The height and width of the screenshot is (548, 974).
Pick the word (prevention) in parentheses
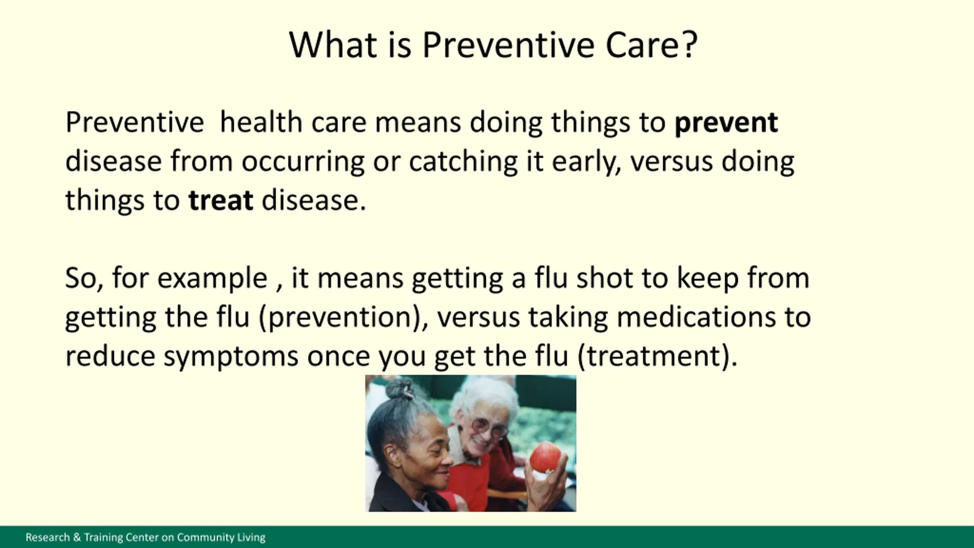point(341,318)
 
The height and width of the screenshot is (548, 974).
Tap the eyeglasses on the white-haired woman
point(489,428)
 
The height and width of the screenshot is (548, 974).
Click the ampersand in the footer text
point(76,537)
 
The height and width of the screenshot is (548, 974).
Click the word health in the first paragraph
point(261,123)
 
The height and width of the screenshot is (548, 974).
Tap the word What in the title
point(333,45)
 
